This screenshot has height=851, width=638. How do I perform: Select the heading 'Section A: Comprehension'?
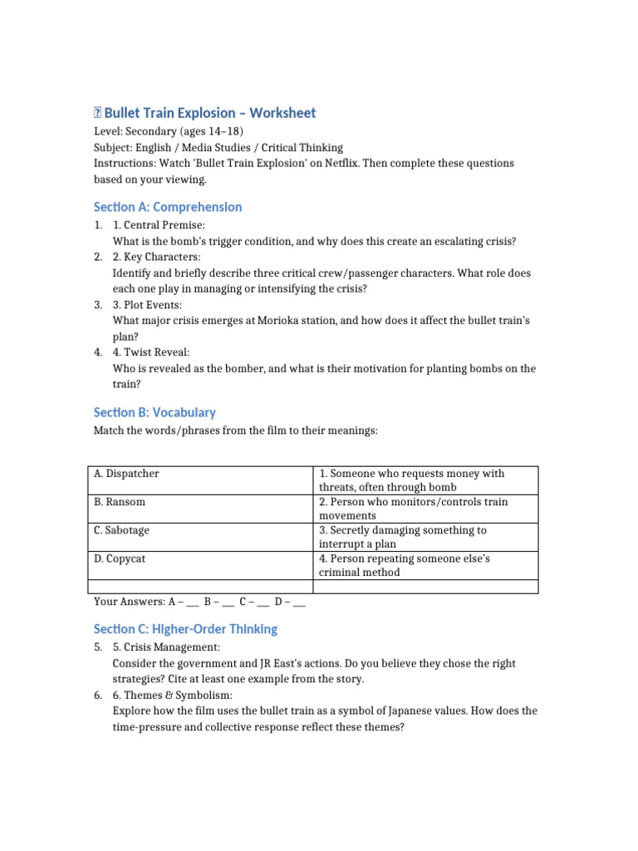coord(168,207)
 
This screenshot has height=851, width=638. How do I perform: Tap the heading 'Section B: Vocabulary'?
coord(155,412)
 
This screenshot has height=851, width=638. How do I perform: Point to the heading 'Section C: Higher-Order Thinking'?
coord(185,629)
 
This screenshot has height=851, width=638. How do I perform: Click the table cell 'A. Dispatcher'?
coord(126,474)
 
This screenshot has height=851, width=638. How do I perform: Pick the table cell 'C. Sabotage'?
coord(122,530)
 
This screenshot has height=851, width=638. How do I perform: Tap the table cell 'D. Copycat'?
coord(120,558)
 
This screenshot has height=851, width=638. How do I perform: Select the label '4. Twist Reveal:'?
coord(151,352)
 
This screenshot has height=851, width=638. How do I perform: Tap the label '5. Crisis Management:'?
coord(166,647)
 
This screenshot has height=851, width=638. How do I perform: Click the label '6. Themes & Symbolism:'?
coord(173,695)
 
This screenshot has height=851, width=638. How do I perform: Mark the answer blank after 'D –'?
coord(299,602)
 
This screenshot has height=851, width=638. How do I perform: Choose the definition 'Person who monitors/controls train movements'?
coord(412,509)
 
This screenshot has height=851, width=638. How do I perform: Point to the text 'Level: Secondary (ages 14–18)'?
coord(168,132)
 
